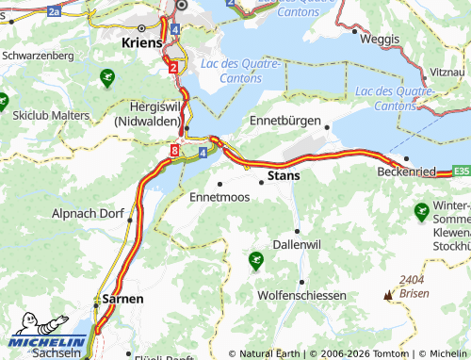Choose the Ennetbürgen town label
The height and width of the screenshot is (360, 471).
coord(286,122)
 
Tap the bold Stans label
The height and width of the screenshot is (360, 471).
coord(284,175)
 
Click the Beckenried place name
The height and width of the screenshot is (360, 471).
coord(405,172)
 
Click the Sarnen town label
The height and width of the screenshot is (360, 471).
coord(123,298)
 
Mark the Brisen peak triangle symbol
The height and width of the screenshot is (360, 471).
coord(387,295)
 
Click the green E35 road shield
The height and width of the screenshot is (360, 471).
coord(461,172)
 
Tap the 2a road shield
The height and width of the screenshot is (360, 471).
coord(54,12)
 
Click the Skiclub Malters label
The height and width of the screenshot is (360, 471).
coord(52,114)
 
